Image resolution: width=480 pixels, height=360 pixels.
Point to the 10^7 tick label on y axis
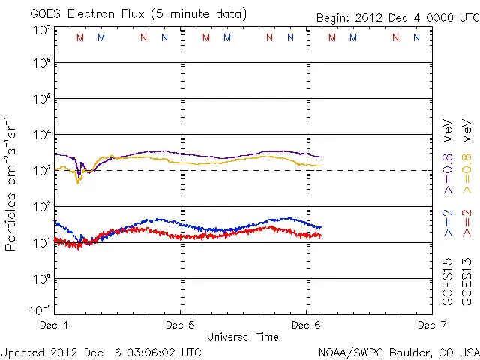coord(40,30)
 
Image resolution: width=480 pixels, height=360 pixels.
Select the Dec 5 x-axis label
coord(180,325)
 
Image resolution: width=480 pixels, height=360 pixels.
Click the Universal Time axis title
coord(242,337)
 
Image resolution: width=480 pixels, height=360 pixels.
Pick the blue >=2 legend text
coord(448,223)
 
